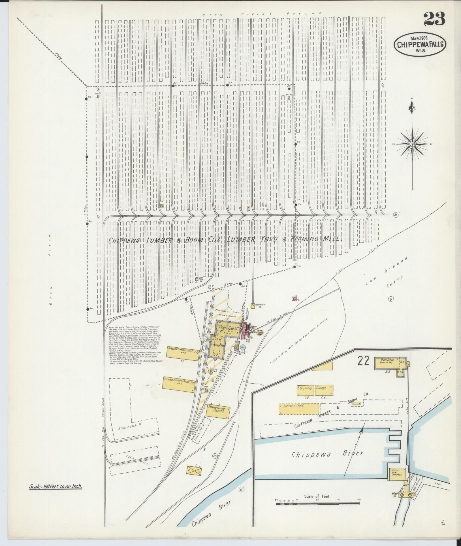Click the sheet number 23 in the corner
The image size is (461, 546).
click(x=434, y=19)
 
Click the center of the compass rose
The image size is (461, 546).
click(x=412, y=144)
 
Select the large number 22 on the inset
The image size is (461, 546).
click(x=363, y=361)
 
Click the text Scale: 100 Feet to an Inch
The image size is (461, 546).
click(x=56, y=486)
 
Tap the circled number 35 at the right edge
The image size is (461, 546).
click(x=396, y=215)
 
